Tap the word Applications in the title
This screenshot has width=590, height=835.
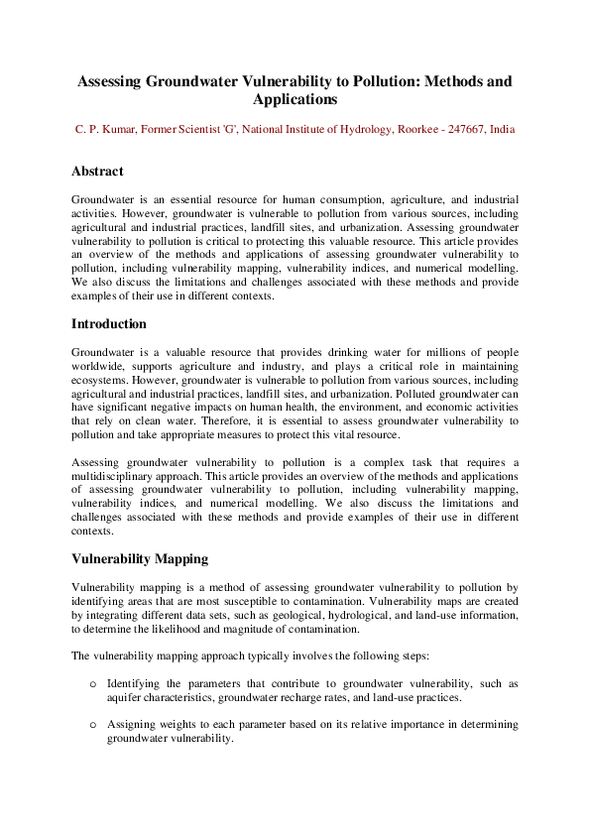[295, 100]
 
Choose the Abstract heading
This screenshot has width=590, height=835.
[97, 172]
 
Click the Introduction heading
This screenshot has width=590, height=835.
[109, 324]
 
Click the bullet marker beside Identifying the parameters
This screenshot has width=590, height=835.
[93, 684]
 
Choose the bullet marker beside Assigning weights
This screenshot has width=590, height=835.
[93, 725]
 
